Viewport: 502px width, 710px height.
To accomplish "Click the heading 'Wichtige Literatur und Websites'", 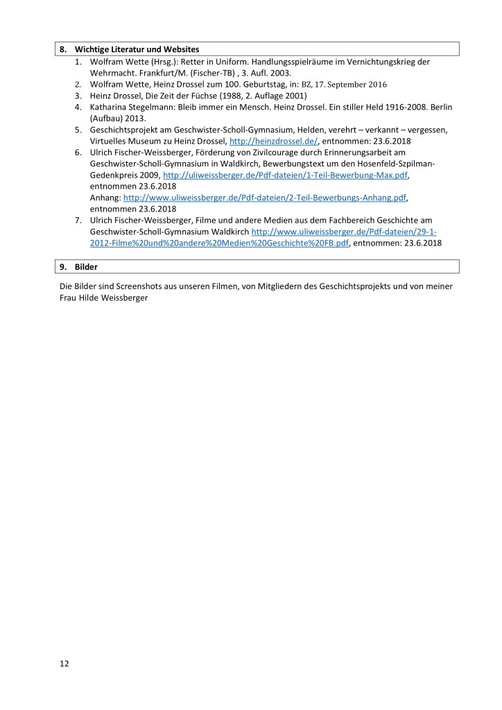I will coord(137,50).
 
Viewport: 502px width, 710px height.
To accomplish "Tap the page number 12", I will coord(64,664).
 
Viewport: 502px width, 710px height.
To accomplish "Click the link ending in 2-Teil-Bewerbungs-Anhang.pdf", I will coord(264,197).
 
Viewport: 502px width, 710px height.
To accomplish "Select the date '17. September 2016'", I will coord(345,84).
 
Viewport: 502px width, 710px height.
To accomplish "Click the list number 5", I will coord(78,129).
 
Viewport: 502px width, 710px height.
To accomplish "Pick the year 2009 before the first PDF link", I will coord(150,176).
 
